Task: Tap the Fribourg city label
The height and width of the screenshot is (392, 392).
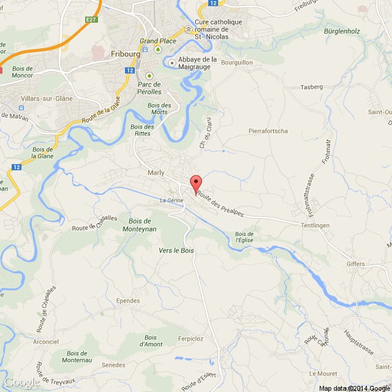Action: (126, 54)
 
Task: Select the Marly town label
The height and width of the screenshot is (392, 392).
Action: (157, 173)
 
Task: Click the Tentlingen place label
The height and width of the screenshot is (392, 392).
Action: (315, 225)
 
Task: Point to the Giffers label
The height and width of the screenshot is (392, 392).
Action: (355, 264)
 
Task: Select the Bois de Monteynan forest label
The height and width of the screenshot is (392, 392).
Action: (143, 224)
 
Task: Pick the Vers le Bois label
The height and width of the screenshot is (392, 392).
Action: (176, 251)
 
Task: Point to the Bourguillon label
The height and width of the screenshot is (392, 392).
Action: (237, 62)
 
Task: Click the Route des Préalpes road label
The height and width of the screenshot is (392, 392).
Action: (220, 205)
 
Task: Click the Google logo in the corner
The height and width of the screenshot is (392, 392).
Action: (21, 382)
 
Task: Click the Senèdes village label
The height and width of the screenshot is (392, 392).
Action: (113, 365)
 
